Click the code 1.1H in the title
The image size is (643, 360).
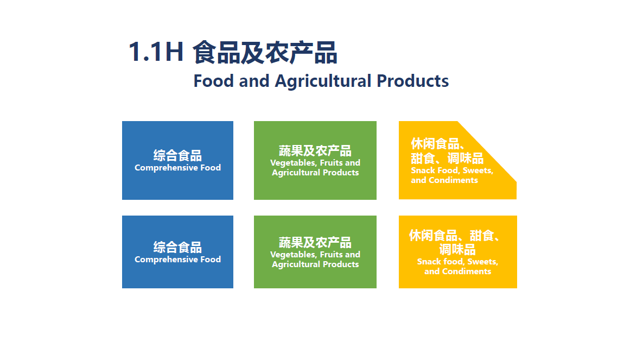point(156,52)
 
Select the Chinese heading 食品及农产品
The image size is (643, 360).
point(265,53)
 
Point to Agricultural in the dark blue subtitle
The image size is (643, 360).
point(323,81)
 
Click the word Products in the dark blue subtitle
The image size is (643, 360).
point(412,81)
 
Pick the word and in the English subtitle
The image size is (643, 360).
point(254,81)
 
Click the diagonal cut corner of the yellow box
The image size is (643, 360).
point(487,151)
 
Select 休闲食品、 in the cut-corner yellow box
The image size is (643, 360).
point(438,144)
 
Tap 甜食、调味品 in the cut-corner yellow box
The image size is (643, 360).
point(447,158)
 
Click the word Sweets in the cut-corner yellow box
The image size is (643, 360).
point(478,170)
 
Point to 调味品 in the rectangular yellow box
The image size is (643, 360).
point(457,249)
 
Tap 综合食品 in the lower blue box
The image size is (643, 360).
point(177,247)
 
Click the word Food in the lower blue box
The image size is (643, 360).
point(211,260)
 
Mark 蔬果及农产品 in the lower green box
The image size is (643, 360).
point(315,243)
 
